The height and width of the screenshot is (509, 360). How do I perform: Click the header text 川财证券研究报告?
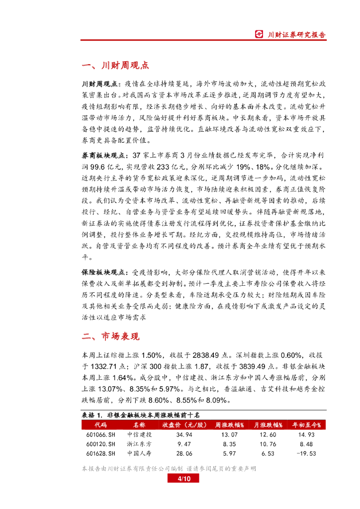[297, 35]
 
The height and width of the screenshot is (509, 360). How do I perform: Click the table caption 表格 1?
[91, 415]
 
